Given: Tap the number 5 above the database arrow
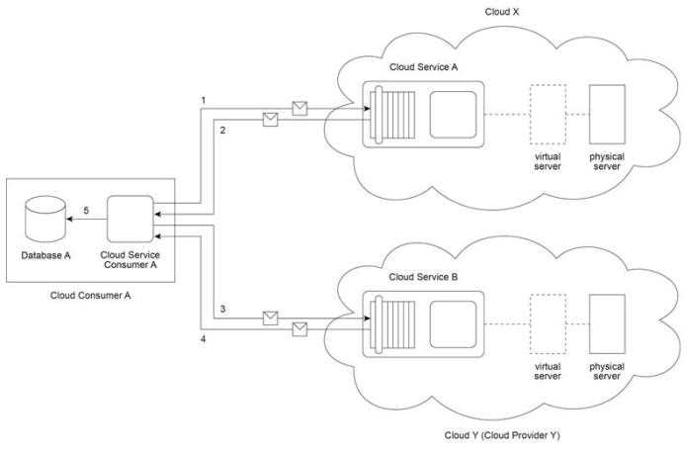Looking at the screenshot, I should [x=86, y=210].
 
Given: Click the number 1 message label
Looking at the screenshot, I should [x=203, y=101].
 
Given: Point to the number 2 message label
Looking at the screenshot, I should [x=222, y=130].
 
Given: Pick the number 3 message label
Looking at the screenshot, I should [x=222, y=310].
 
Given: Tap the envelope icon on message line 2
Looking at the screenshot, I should [x=269, y=120].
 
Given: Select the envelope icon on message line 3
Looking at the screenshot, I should [x=269, y=317].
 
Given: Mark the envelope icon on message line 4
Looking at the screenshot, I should [x=301, y=328].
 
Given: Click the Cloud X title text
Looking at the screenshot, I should [x=501, y=13].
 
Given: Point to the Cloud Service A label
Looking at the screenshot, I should [x=423, y=66].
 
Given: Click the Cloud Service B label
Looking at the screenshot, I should [x=423, y=276].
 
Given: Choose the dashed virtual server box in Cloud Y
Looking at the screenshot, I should [x=547, y=323].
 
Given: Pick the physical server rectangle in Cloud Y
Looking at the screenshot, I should [x=606, y=323].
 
